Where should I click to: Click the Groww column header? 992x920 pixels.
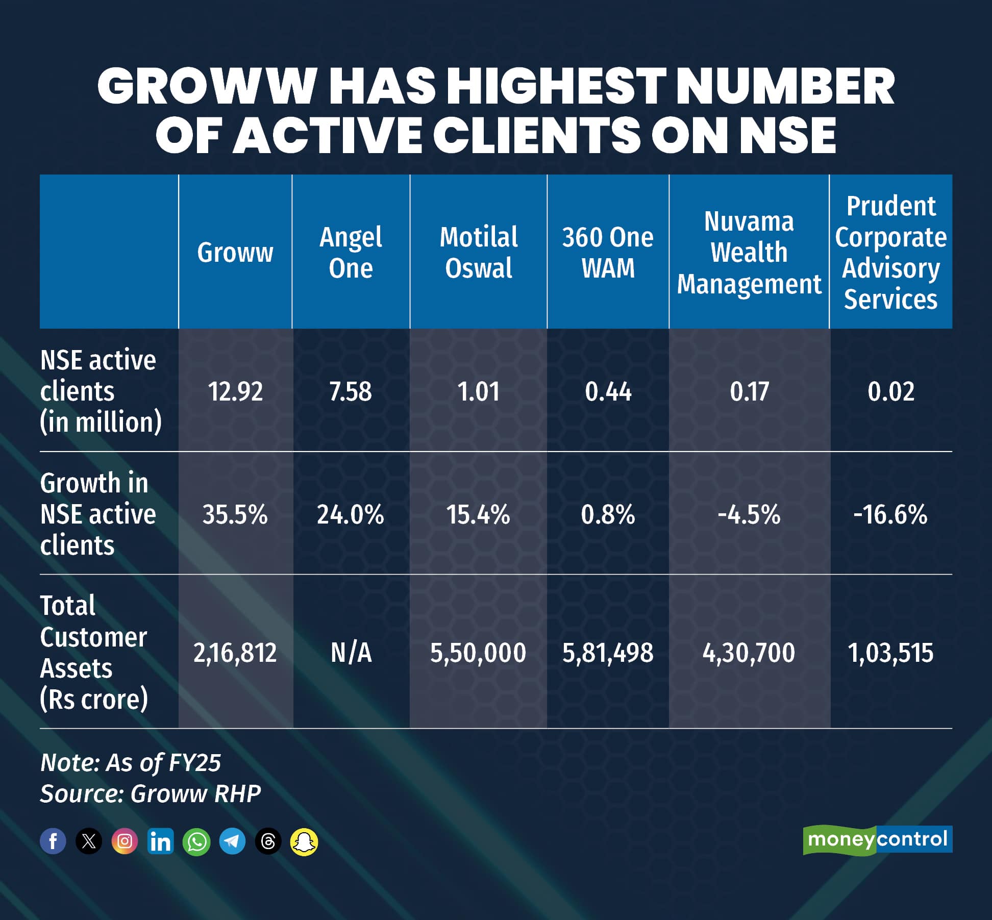click(x=235, y=253)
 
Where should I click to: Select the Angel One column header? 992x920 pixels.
click(x=351, y=253)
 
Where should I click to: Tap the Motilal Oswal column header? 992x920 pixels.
click(x=479, y=253)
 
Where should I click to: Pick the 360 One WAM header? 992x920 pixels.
click(x=608, y=253)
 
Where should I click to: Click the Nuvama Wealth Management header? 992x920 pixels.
click(x=749, y=253)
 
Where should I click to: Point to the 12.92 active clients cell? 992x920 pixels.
click(x=235, y=392)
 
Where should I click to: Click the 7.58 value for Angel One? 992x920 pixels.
click(x=351, y=392)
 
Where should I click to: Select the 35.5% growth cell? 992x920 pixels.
click(x=235, y=515)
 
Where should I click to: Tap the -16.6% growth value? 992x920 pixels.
click(x=890, y=515)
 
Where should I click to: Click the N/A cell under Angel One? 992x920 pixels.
click(x=351, y=653)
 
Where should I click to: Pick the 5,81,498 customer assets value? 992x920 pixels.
click(x=608, y=653)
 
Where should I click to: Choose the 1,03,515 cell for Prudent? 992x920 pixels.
click(x=890, y=653)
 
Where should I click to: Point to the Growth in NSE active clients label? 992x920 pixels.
click(x=98, y=514)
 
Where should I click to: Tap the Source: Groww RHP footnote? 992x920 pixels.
click(x=151, y=794)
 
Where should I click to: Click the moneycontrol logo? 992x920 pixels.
click(x=878, y=840)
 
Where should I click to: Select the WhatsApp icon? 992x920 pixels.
click(x=196, y=841)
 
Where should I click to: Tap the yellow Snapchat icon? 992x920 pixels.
click(x=304, y=841)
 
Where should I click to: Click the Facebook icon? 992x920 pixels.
click(x=53, y=841)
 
